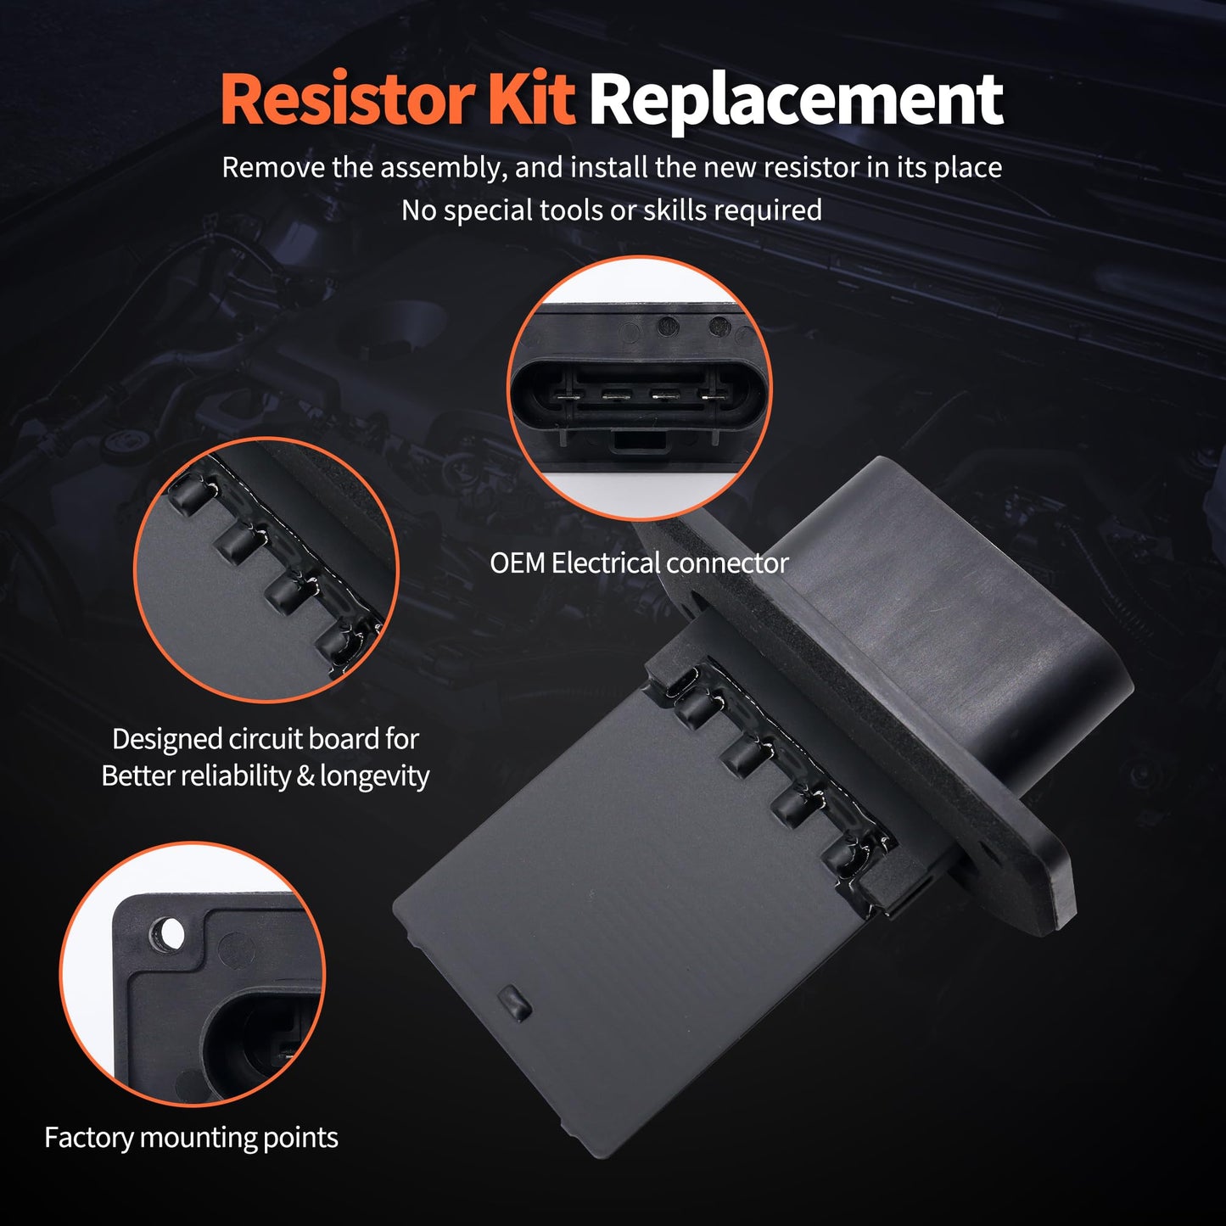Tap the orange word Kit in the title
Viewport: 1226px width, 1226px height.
tap(531, 99)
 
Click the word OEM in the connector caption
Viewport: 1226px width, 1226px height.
tap(517, 563)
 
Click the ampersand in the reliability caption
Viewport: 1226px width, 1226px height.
tap(305, 776)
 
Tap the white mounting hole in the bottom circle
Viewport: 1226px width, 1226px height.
tap(170, 934)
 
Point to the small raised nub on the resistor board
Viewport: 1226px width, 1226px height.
tap(514, 1003)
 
